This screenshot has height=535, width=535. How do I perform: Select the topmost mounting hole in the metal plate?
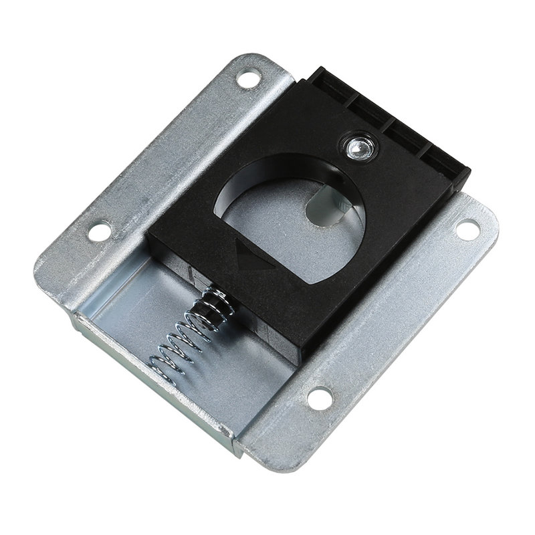click(250, 78)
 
